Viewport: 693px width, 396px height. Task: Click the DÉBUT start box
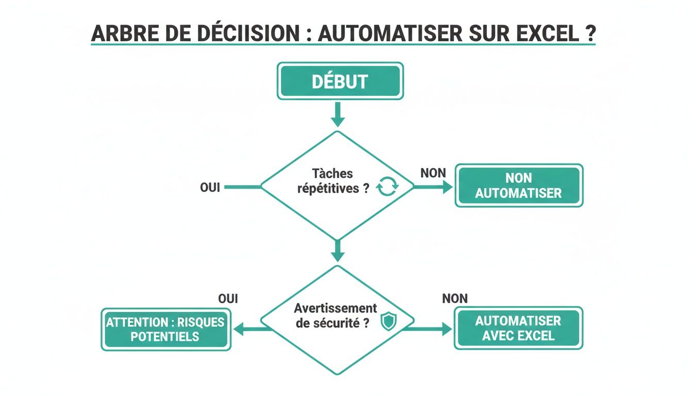[340, 81]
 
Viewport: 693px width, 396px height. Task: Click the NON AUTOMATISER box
[519, 186]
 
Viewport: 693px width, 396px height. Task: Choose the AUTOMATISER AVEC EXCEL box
[518, 328]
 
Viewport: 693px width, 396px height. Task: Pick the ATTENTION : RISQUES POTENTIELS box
[166, 329]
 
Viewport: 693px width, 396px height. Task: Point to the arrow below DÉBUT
[338, 114]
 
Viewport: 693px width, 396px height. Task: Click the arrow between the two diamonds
[338, 251]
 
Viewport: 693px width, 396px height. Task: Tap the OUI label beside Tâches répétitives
[210, 188]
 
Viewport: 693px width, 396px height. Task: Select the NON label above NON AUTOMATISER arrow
[433, 173]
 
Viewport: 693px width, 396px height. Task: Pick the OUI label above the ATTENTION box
[228, 299]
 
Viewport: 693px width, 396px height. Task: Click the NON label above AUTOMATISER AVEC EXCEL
[455, 298]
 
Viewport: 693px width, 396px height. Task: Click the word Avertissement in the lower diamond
[336, 308]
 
